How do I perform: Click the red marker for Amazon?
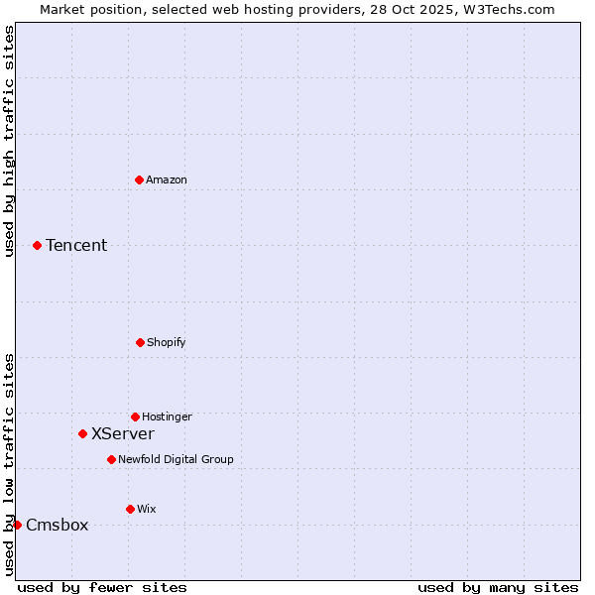tap(139, 179)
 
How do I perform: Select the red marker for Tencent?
tap(37, 245)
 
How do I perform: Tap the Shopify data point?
tap(140, 342)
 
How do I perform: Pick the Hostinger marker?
tap(135, 416)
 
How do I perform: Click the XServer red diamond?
tap(82, 433)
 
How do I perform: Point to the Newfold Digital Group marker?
tap(111, 459)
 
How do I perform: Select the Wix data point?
tap(130, 509)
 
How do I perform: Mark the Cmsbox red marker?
tap(17, 525)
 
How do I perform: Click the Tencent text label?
tap(76, 246)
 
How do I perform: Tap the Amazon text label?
tap(167, 180)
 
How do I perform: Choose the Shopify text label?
tap(167, 343)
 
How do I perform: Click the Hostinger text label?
tap(167, 417)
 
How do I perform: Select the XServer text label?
tap(123, 434)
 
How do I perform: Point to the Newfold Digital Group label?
tap(176, 460)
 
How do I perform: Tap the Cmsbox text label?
tap(57, 526)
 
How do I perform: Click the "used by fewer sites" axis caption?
tap(102, 588)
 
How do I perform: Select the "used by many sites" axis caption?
tap(498, 588)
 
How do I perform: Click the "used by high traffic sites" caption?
tap(10, 141)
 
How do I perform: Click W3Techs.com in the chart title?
tap(506, 9)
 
